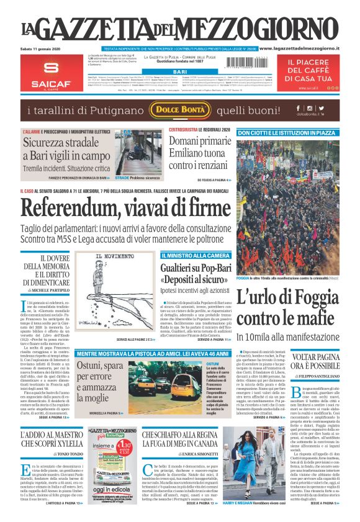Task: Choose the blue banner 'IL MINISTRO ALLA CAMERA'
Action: click(196, 256)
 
